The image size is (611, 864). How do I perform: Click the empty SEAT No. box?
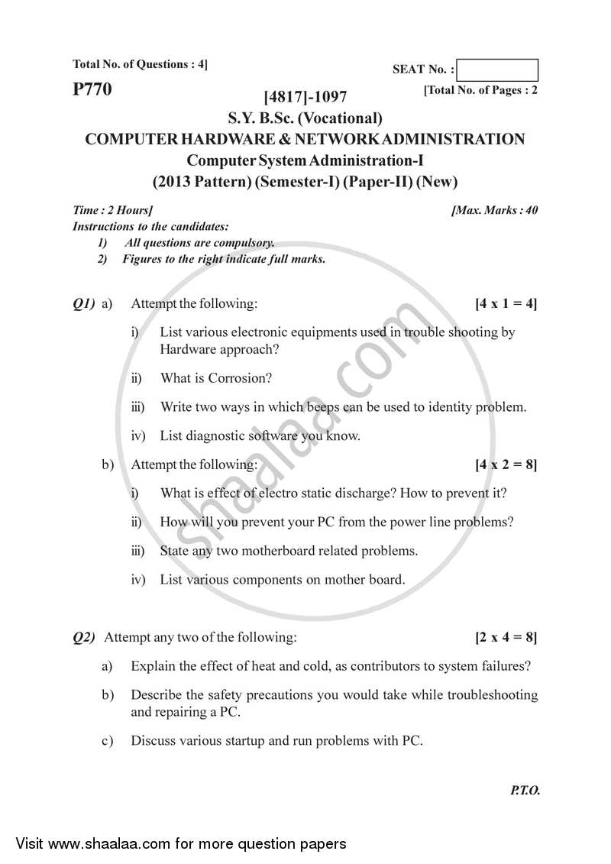(x=499, y=70)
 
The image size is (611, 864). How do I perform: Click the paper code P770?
(x=92, y=89)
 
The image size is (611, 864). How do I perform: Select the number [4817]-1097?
(x=305, y=97)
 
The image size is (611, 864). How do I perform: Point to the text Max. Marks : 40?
(x=495, y=210)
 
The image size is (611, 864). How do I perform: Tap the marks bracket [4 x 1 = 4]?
(x=506, y=304)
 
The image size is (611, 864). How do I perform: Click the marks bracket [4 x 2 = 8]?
(x=506, y=464)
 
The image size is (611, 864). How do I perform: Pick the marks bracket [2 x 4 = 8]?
(x=506, y=636)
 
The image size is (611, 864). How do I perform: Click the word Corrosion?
(x=240, y=378)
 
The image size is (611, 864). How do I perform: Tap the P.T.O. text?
(x=525, y=791)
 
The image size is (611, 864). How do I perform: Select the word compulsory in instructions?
(x=243, y=244)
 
